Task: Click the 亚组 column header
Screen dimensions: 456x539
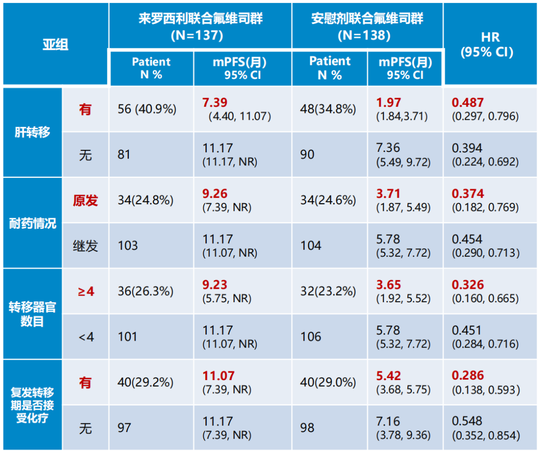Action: [x=55, y=44]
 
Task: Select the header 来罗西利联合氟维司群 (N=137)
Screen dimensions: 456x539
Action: [x=200, y=26]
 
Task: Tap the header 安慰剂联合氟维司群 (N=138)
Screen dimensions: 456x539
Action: [x=367, y=26]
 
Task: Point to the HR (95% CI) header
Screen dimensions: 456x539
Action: [x=490, y=44]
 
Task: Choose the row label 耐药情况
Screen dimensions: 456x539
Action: [x=32, y=223]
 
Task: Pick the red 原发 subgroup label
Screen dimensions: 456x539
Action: [x=85, y=201]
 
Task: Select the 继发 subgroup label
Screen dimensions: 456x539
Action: [x=85, y=246]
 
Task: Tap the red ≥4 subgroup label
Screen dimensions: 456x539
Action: [x=85, y=292]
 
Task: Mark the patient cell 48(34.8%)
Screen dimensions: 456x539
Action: [x=328, y=109]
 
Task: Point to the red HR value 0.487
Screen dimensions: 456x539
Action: [x=468, y=102]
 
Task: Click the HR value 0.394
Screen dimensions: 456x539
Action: [x=467, y=148]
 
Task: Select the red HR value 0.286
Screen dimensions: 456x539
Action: [x=468, y=376]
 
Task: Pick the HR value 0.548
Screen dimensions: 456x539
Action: [x=467, y=421]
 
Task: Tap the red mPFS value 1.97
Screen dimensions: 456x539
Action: [x=389, y=102]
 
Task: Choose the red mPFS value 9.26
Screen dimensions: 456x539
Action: [x=215, y=194]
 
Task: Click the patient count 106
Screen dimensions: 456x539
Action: [x=311, y=337]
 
